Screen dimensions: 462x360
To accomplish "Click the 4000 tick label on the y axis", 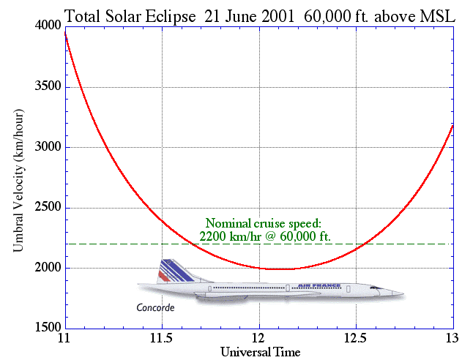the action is (48, 26).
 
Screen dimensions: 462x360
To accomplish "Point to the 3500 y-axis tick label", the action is (48, 86).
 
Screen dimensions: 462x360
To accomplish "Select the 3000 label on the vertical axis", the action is (48, 146).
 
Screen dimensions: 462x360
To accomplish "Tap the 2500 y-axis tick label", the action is (48, 207).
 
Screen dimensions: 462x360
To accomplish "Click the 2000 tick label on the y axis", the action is (48, 267).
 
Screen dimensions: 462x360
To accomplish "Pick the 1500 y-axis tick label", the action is (48, 327).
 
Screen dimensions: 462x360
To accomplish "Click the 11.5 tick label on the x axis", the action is (162, 339).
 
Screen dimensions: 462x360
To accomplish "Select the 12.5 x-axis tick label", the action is (356, 339).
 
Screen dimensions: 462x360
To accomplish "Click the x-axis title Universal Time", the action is (261, 352).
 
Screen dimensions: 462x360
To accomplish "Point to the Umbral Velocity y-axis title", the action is (18, 181).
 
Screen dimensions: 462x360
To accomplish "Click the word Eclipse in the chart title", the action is (171, 17).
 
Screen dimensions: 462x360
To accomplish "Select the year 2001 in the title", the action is (277, 16).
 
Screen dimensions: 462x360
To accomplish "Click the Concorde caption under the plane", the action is (155, 308).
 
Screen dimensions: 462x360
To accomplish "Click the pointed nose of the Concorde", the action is (403, 293).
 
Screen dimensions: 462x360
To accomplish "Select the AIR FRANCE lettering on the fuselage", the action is (319, 285).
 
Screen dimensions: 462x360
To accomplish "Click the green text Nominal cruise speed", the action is (263, 224).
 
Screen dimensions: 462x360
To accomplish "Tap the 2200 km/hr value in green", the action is (231, 236).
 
